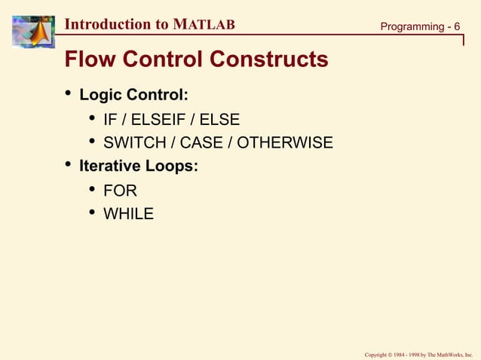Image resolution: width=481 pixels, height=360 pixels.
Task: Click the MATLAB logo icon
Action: (x=32, y=32)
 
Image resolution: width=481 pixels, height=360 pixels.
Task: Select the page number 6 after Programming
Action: (x=457, y=27)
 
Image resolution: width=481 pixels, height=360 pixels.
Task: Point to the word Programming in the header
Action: (x=412, y=27)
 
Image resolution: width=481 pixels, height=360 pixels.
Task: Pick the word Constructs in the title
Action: (x=269, y=59)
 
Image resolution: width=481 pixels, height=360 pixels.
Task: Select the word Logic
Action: (x=101, y=96)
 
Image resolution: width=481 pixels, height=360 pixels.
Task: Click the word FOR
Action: (x=120, y=191)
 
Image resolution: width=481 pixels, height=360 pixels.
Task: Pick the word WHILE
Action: (x=128, y=214)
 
